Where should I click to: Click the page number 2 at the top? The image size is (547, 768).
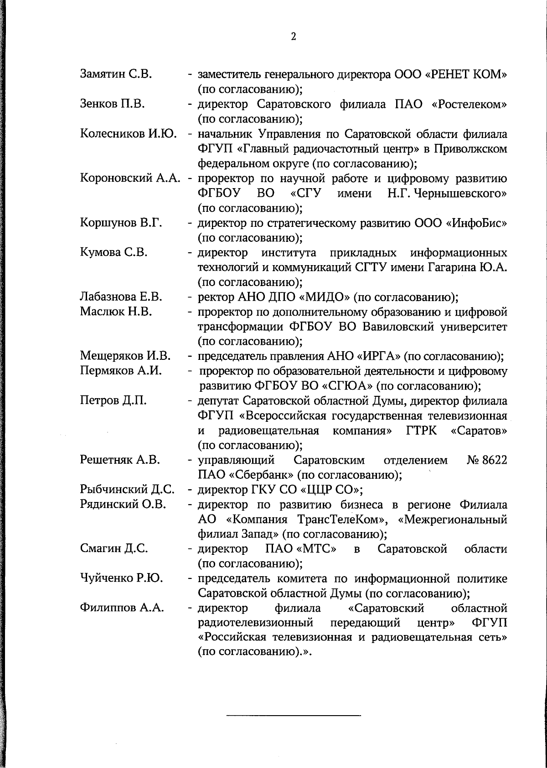294,37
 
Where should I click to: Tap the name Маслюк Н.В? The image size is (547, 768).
116,312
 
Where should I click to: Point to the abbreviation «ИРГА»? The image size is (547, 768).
376,356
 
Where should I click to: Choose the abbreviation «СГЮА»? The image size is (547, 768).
348,387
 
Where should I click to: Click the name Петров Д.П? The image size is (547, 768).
113,401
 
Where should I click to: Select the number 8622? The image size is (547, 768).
494,460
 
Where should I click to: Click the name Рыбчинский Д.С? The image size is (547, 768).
127,490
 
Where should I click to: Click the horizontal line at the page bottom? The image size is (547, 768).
294,716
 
